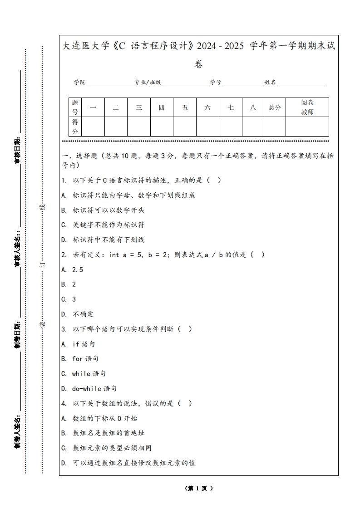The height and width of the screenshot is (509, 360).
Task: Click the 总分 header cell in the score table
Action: pyautogui.click(x=275, y=108)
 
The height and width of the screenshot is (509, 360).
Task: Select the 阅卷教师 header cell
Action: pyautogui.click(x=307, y=108)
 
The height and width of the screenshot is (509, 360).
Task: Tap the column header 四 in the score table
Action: pyautogui.click(x=162, y=108)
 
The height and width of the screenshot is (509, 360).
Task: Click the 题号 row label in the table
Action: pyautogui.click(x=75, y=108)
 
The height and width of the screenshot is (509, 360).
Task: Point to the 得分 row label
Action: pyautogui.click(x=75, y=127)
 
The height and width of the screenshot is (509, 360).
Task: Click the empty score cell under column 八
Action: pyautogui.click(x=253, y=127)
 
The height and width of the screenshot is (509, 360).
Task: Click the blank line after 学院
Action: pyautogui.click(x=109, y=83)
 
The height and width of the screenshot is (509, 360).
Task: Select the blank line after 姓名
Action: pyautogui.click(x=301, y=83)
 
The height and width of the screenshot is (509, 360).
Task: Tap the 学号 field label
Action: pyautogui.click(x=216, y=83)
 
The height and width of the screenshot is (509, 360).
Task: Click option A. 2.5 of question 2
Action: pyautogui.click(x=72, y=269)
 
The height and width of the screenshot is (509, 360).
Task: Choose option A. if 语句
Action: pyautogui.click(x=78, y=344)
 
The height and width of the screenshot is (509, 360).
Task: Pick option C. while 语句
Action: pyautogui.click(x=84, y=374)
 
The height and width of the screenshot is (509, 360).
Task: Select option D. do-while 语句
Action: pyautogui.click(x=89, y=389)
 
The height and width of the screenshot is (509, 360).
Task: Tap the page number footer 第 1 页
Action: pyautogui.click(x=199, y=489)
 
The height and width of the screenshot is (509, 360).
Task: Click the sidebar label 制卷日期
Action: pyautogui.click(x=17, y=336)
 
